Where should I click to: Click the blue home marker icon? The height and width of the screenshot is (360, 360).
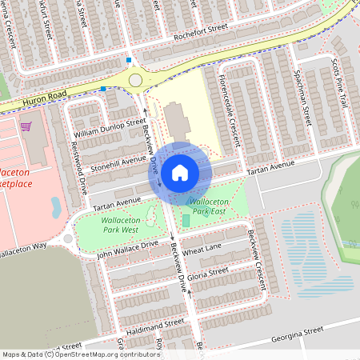[180, 172]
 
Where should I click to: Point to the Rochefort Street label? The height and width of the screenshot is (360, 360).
[198, 33]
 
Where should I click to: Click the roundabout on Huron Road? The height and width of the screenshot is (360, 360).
[136, 80]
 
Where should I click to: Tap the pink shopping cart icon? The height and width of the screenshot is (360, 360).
[26, 126]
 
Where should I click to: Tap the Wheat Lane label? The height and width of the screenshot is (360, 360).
[202, 252]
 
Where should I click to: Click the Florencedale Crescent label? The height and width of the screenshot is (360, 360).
[229, 111]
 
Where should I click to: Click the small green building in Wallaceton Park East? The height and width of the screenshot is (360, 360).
[186, 220]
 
